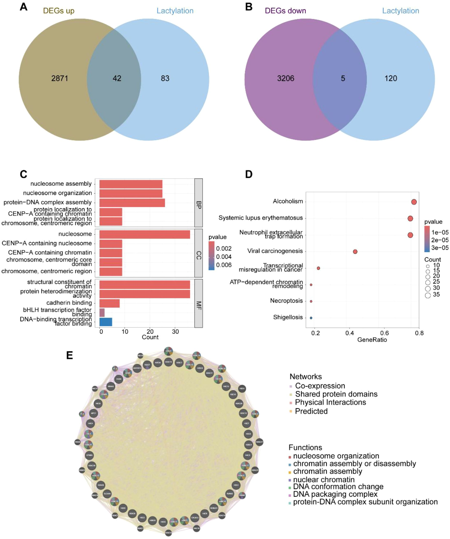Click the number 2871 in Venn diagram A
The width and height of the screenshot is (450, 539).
(59, 78)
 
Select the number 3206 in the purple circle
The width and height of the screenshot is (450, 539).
(285, 78)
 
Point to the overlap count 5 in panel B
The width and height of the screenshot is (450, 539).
(343, 78)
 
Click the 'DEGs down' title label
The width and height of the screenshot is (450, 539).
(285, 11)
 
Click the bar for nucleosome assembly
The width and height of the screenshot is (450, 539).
(131, 184)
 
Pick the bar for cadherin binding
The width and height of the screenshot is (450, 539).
(109, 303)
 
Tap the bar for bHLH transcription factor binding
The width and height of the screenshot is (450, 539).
(102, 313)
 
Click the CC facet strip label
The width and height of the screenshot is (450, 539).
(199, 253)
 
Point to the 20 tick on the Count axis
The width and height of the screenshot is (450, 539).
(150, 332)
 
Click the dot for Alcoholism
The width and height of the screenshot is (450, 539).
(414, 202)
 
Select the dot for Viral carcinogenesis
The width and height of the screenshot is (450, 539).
(355, 252)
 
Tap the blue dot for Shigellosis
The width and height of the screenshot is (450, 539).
(311, 318)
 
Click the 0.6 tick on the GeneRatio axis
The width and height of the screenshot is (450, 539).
(384, 333)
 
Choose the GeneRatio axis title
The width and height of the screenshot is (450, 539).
(372, 340)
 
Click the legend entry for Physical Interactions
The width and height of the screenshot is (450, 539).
(330, 402)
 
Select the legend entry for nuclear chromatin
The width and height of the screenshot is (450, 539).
(323, 479)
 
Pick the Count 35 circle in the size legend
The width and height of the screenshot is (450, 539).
(428, 295)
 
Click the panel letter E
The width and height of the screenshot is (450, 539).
(69, 355)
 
